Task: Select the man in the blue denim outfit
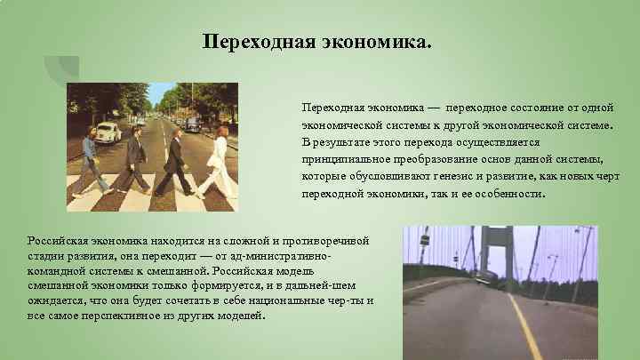click(x=88, y=164)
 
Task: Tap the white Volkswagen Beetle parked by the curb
click(x=106, y=132)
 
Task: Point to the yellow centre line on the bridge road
click(x=525, y=330)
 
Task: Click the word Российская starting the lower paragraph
click(x=59, y=241)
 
